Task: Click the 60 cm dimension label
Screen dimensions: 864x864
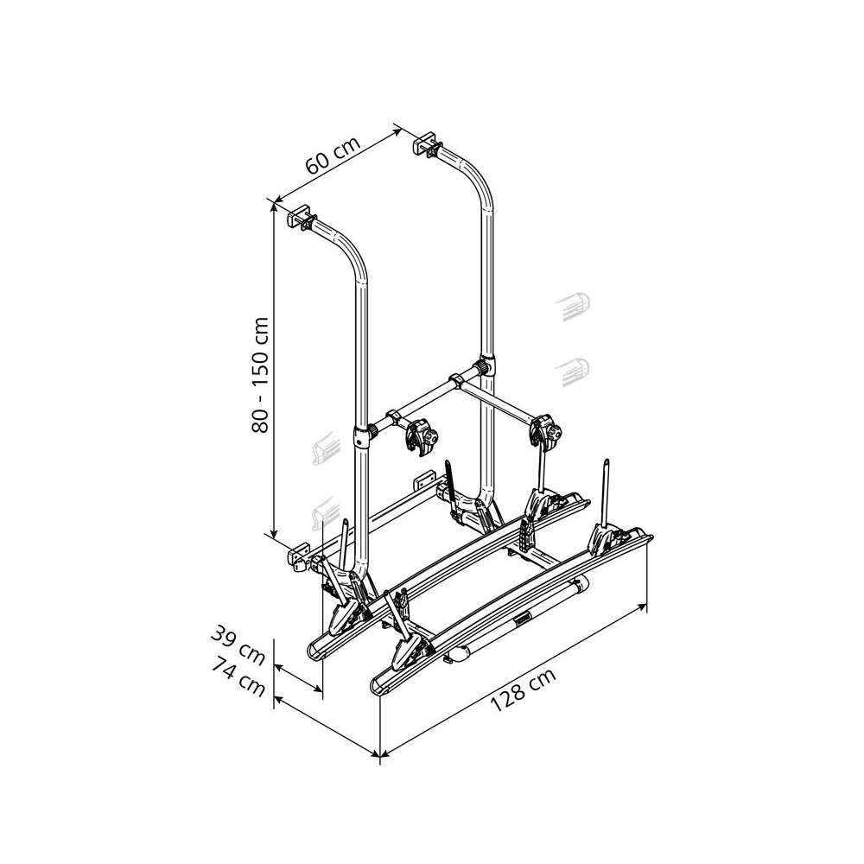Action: [x=333, y=155]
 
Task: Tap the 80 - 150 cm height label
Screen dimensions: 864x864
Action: [x=259, y=375]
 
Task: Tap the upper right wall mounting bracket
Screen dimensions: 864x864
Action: [x=427, y=145]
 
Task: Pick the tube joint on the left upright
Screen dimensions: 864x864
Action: [x=361, y=435]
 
